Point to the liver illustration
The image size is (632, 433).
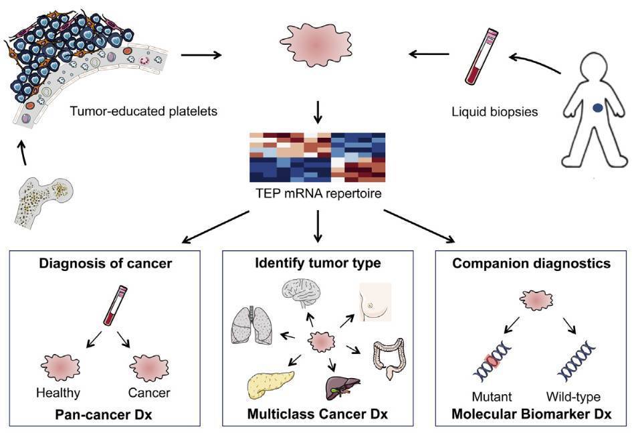(342, 387)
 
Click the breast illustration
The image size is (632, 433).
(375, 302)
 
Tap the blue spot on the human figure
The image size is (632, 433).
(598, 108)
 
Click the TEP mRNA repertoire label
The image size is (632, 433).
(318, 193)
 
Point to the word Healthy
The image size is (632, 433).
(58, 392)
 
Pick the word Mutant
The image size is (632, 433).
(492, 396)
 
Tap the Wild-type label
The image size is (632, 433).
(573, 396)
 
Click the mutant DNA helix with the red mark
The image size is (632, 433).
(492, 360)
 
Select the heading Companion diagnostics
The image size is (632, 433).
(531, 263)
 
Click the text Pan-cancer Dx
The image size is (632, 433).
(104, 414)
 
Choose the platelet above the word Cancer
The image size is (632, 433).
(149, 368)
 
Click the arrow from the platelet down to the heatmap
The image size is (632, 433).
(318, 112)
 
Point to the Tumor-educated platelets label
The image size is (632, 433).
(144, 111)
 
